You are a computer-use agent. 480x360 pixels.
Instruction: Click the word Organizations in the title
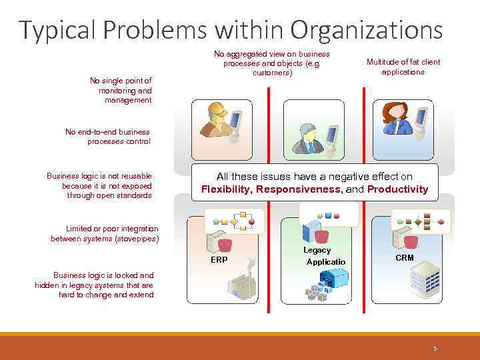coord(366,30)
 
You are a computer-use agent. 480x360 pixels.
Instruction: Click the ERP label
coord(219,260)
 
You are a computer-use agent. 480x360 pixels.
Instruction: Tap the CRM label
coord(404,257)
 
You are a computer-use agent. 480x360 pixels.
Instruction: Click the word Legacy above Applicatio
coord(317,250)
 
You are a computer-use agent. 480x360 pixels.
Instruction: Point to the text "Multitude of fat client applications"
coord(403,67)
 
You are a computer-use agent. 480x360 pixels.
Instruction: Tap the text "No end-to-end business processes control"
coord(108,137)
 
